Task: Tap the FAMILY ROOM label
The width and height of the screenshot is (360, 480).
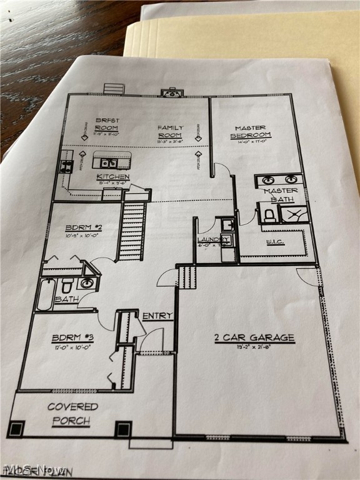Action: pos(169,131)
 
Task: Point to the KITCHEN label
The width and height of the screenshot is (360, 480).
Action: pos(113,177)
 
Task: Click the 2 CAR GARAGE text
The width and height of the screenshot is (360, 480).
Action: pos(254,338)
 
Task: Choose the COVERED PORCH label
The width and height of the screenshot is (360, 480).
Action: pos(72,414)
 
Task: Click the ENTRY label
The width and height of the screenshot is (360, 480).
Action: pos(157,316)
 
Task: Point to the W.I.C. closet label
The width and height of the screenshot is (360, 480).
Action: pos(275,241)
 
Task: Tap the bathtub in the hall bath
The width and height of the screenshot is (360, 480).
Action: pos(46,295)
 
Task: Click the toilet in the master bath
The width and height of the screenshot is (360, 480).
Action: pos(269,215)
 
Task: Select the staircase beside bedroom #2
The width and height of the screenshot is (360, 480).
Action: pos(132,231)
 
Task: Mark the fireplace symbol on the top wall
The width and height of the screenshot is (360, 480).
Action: pos(171,93)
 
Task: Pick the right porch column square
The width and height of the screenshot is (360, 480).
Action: pos(123,429)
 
